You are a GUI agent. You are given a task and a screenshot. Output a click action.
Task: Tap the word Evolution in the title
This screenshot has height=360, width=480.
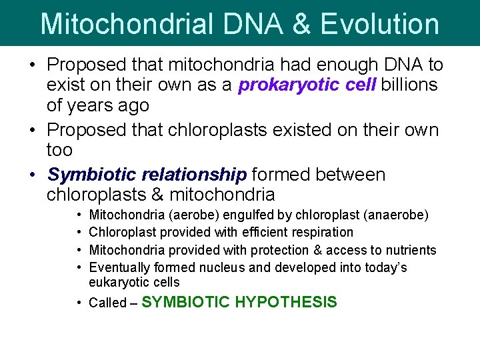(x=379, y=23)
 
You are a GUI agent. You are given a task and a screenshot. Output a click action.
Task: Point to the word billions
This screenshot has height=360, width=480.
(x=409, y=85)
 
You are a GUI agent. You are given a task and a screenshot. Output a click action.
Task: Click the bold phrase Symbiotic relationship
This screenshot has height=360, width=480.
(x=147, y=175)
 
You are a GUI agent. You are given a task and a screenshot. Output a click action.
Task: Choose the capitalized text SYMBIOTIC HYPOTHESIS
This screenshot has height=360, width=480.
(x=239, y=302)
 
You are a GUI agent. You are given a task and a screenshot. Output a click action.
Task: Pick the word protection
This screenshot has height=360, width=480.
(x=277, y=250)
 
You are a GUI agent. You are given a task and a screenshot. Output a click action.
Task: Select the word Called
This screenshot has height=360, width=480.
(x=107, y=303)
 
